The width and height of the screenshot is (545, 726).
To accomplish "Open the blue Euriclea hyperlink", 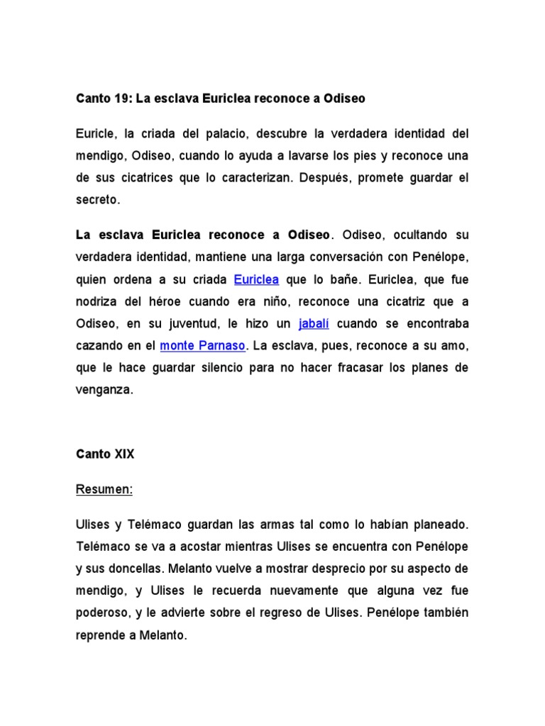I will [x=256, y=279].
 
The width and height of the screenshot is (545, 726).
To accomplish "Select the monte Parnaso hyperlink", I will [x=203, y=346].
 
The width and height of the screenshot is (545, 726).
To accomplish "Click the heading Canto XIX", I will [x=104, y=454].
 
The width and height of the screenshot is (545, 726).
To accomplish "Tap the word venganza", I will [x=104, y=391].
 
